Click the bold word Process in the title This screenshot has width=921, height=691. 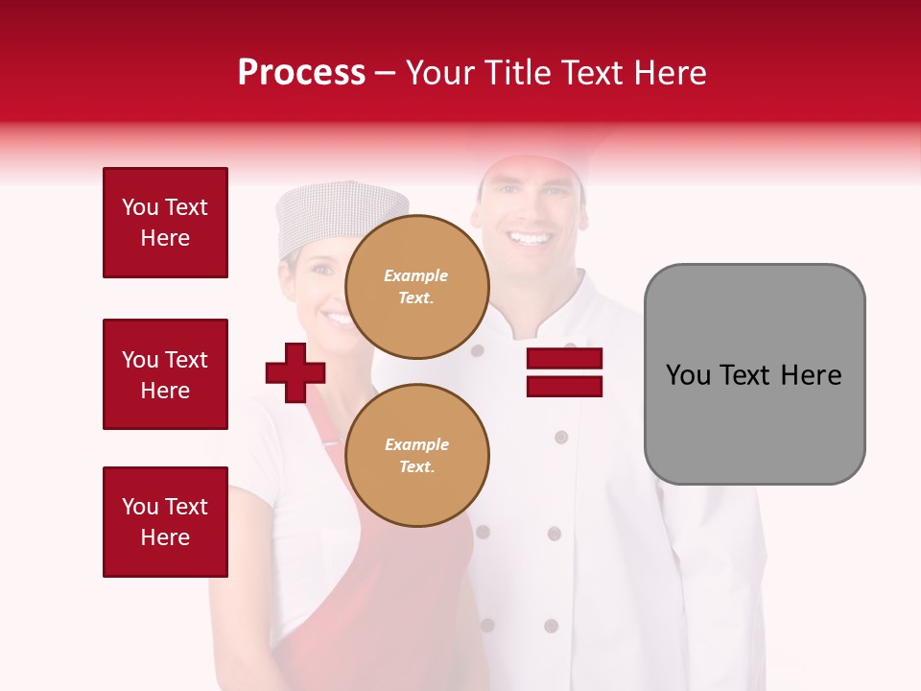point(301,73)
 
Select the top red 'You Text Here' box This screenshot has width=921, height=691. point(165,223)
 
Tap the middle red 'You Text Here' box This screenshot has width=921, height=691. point(165,374)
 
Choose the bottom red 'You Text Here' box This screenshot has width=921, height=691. point(165,522)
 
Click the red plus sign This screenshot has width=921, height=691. point(295,372)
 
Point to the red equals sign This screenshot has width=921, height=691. point(564,372)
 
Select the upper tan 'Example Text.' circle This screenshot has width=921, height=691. point(417,286)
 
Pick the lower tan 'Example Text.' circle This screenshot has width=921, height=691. point(417,455)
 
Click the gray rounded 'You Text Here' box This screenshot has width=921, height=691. point(754,374)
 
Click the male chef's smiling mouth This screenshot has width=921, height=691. point(530,237)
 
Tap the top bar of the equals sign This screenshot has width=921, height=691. point(564,359)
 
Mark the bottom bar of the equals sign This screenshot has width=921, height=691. point(564,386)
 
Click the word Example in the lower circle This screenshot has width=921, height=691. point(416,444)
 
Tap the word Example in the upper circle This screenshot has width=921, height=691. point(416,275)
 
